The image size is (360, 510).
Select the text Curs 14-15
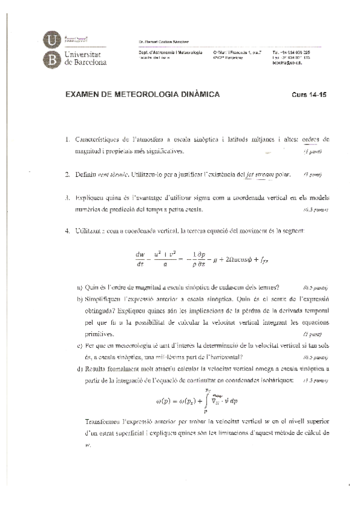309,96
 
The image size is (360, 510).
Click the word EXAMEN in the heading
82,95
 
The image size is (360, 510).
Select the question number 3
68,197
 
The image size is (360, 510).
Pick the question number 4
68,231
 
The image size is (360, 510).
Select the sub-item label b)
80,298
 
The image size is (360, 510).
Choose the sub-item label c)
80,345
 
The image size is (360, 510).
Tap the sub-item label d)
80,369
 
